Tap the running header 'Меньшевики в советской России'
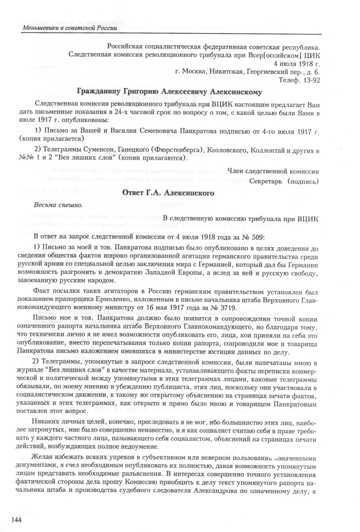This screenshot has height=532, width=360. coord(69,28)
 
